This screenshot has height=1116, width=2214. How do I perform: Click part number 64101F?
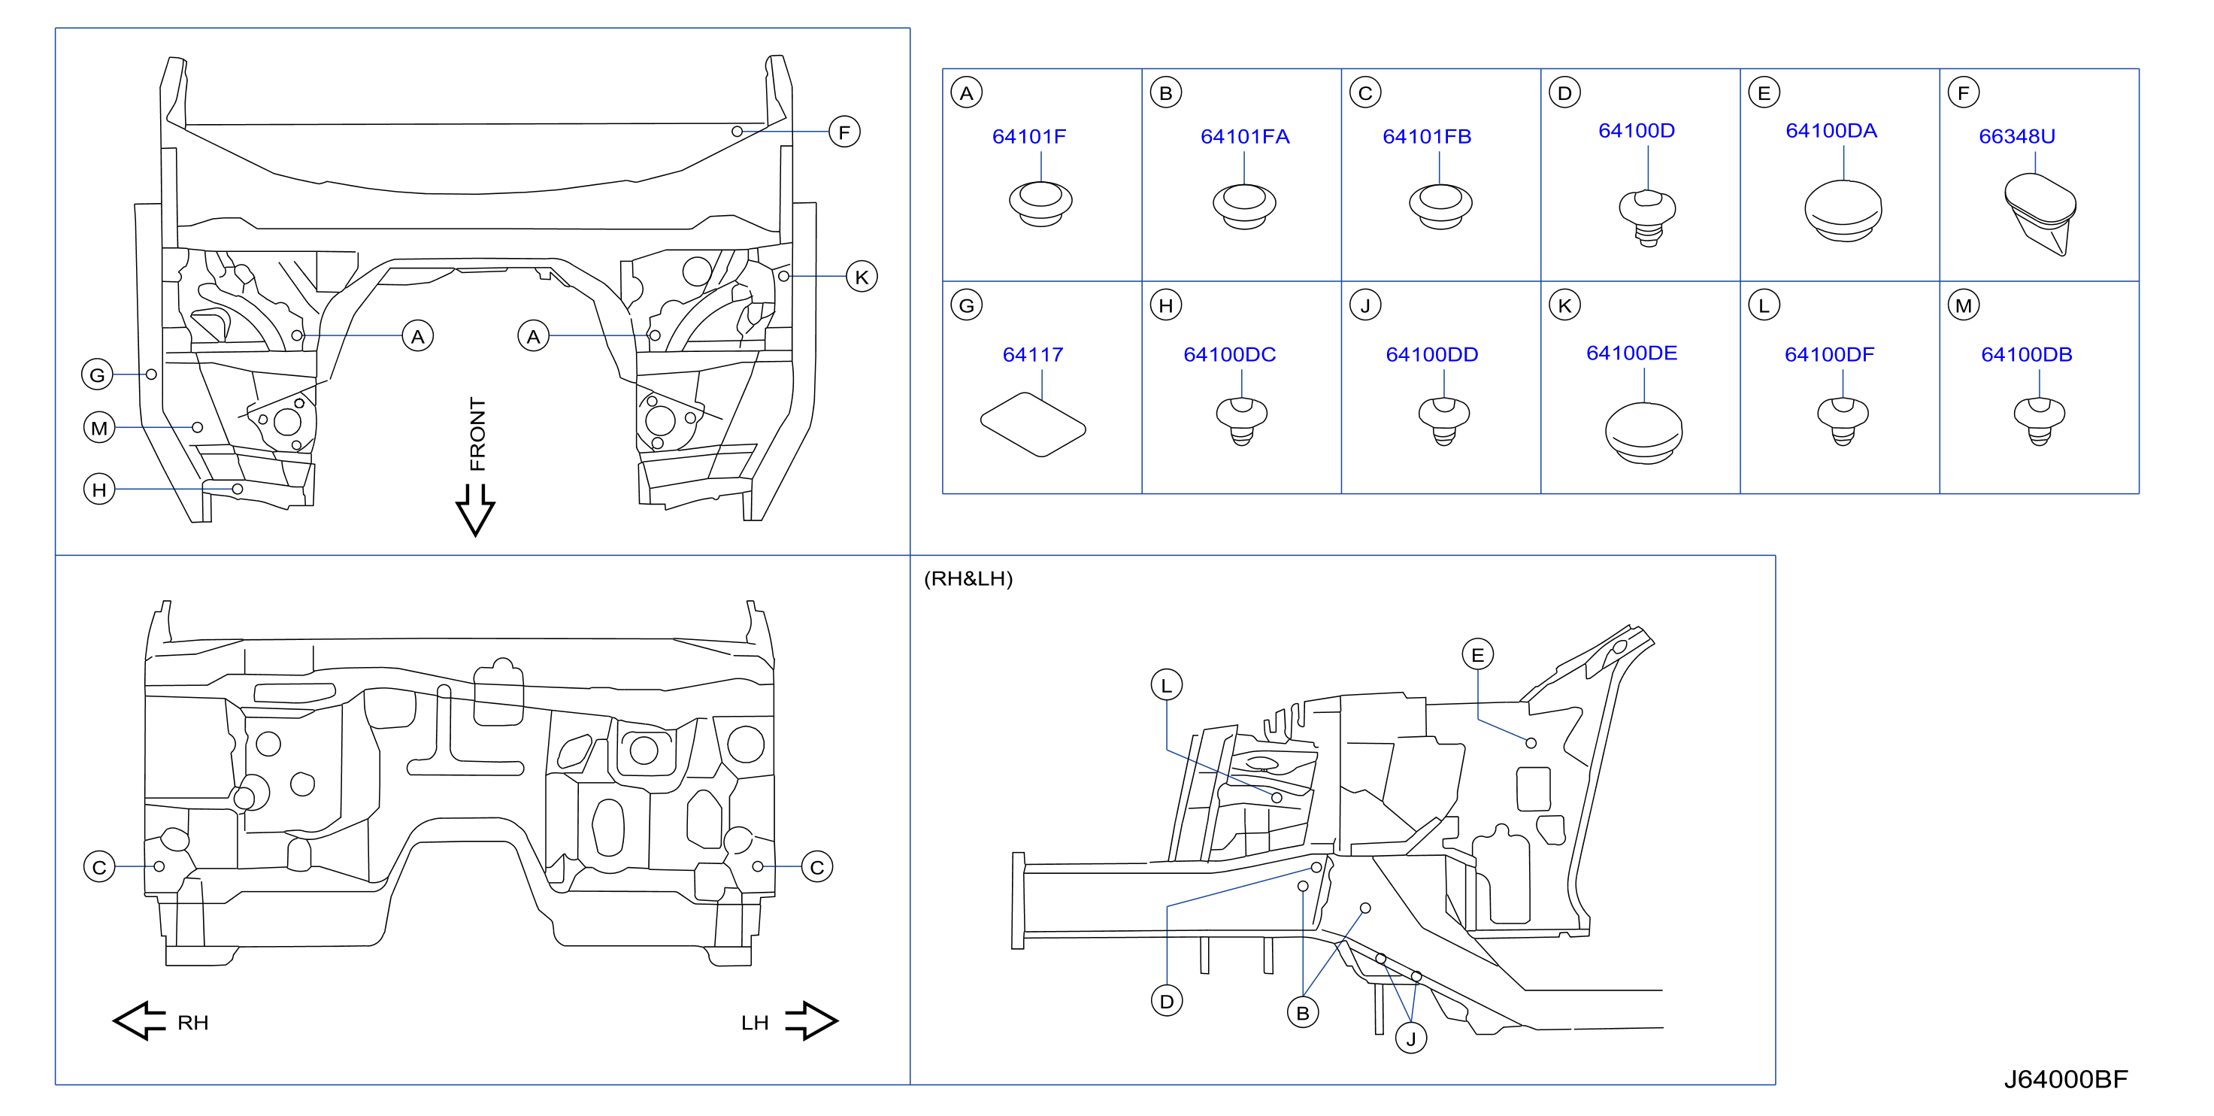[x=1028, y=137]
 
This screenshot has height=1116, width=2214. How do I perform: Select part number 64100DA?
[x=1831, y=131]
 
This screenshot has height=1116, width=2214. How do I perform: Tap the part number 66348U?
[x=2016, y=137]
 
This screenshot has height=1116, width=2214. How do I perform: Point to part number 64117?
[x=1032, y=354]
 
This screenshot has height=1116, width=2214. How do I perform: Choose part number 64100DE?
[x=1631, y=353]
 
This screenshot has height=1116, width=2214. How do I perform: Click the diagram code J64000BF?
[x=2065, y=1079]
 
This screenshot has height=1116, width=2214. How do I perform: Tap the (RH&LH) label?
[x=968, y=578]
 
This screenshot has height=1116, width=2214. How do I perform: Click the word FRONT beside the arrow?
[x=478, y=433]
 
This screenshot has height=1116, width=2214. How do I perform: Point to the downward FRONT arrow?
[x=474, y=510]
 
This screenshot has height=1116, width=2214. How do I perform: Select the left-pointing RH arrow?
[x=139, y=1020]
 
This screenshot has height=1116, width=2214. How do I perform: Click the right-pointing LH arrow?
[x=811, y=1020]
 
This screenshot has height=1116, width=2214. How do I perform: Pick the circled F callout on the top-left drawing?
[x=844, y=132]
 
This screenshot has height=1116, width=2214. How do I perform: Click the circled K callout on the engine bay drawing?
[x=862, y=277]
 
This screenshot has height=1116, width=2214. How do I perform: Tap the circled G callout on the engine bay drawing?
[x=97, y=375]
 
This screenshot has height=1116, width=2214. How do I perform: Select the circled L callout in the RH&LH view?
[x=1166, y=685]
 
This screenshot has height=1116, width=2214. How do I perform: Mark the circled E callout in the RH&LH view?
[x=1477, y=655]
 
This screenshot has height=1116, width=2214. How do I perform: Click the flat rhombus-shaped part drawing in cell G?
[x=1033, y=425]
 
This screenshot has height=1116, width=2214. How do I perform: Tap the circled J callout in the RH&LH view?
[x=1410, y=1039]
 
